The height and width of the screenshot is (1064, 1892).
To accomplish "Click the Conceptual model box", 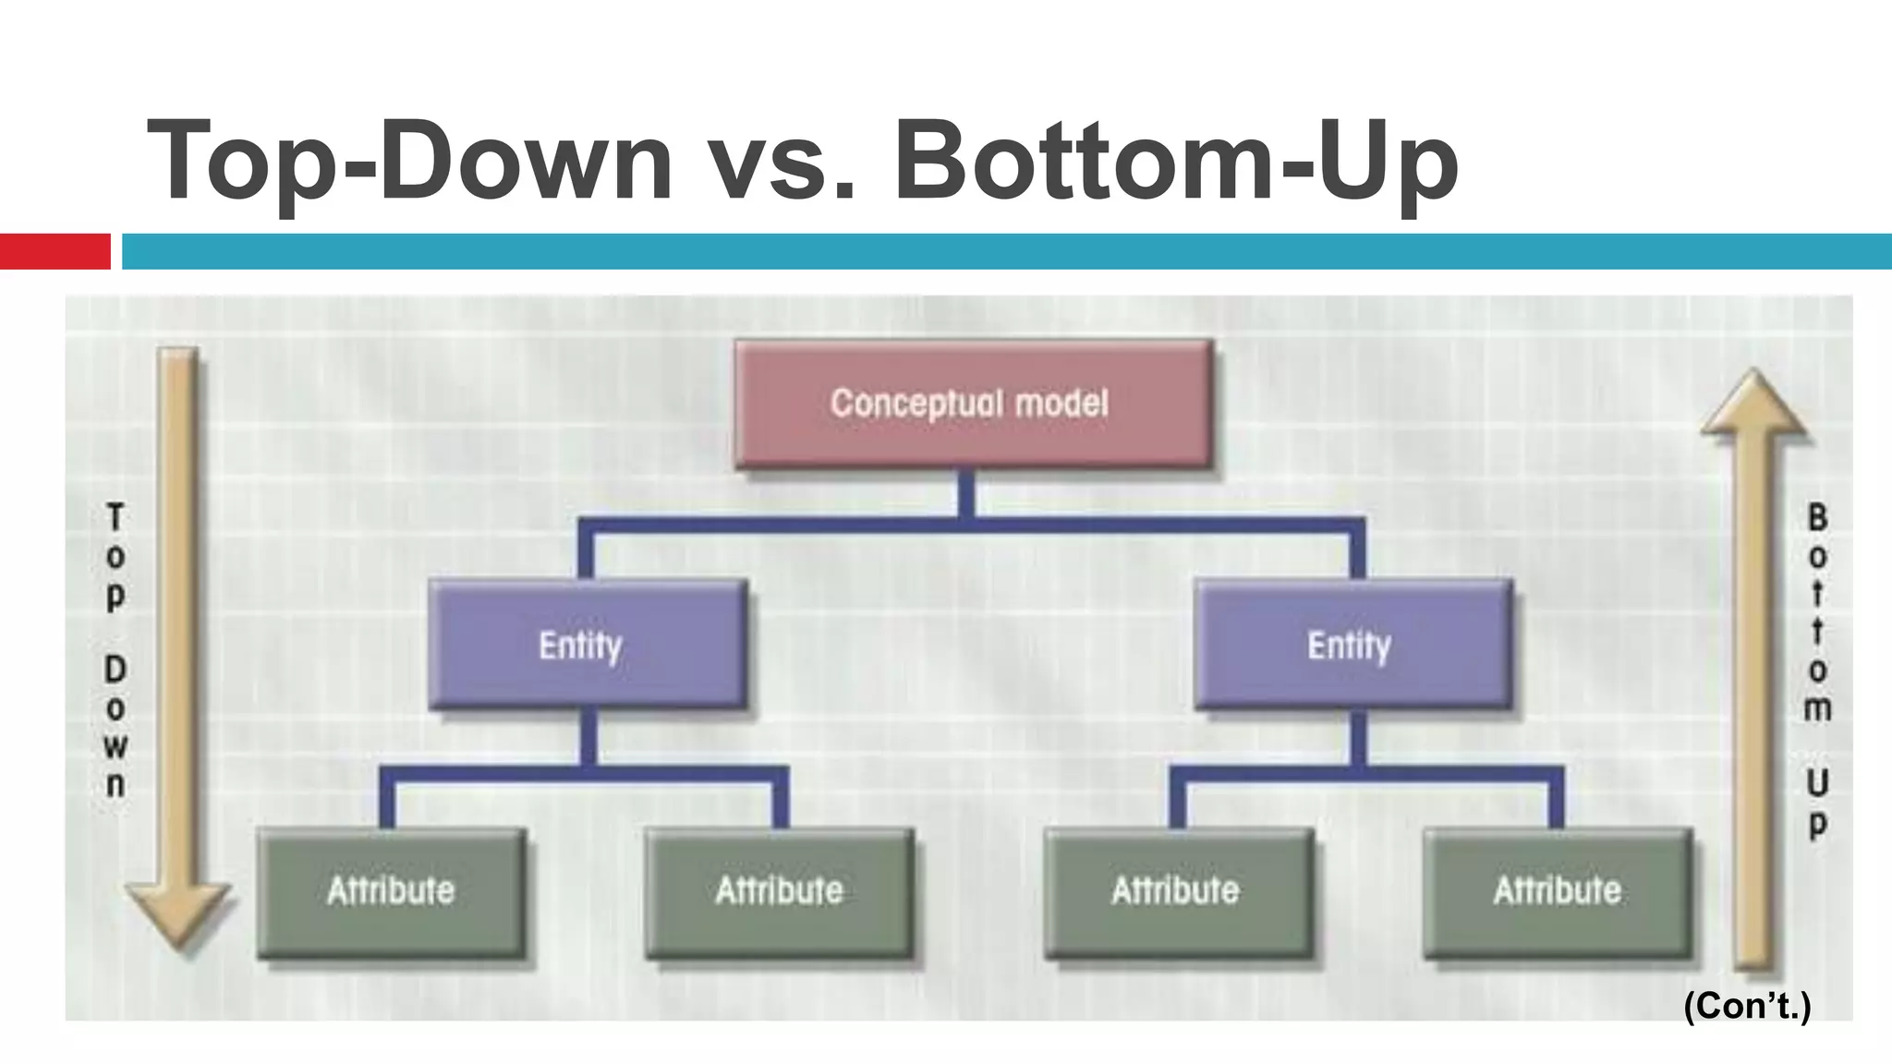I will pos(972,404).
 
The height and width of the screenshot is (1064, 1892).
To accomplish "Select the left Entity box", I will pos(587,644).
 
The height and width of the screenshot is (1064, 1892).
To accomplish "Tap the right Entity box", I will pos(1352,644).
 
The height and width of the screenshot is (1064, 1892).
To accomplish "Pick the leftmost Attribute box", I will pos(392,892).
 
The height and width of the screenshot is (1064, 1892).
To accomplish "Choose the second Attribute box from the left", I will pos(780,892).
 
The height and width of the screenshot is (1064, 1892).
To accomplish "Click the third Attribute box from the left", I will pos(1178,892).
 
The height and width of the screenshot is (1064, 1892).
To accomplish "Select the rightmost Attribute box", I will pos(1558,892).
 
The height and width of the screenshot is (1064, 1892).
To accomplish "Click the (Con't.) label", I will pos(1747,1006).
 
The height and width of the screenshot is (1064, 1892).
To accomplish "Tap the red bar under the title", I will pos(55,251).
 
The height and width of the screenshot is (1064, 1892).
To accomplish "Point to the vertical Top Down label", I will pos(115,651).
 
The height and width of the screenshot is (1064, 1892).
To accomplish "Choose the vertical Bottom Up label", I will pos(1817,670).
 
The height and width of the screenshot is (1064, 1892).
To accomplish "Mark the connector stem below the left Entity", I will pos(587,738).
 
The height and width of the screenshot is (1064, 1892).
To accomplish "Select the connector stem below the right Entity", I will pos(1357,738).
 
